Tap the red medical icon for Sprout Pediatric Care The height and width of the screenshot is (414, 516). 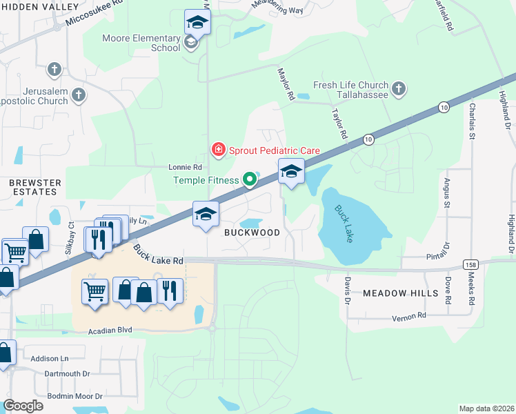tap(219, 149)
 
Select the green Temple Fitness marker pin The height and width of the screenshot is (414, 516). tap(250, 181)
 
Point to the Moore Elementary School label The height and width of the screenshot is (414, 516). tap(141, 43)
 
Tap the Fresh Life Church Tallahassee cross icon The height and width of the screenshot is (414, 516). tap(399, 88)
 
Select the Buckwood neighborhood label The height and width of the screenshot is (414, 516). tap(252, 233)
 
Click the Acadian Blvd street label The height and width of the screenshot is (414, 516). tap(110, 331)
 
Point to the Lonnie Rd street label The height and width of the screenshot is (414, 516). tap(185, 167)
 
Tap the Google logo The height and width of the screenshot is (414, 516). tap(23, 406)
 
